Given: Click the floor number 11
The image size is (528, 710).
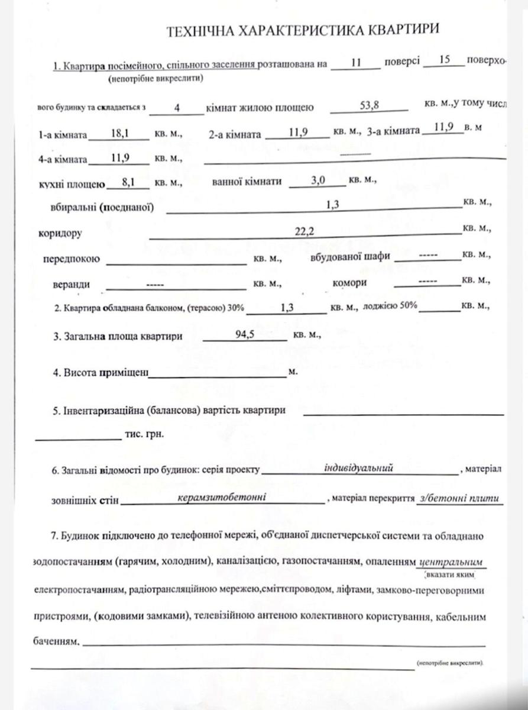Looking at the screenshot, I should click(355, 62).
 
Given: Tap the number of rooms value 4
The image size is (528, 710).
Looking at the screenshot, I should click(177, 108).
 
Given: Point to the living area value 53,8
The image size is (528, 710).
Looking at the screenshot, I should click(369, 105).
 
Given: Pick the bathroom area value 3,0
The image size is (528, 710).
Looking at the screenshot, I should click(319, 182).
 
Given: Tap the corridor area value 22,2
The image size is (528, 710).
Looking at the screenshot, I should click(303, 232).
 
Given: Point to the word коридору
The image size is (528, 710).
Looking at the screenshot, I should click(60, 233).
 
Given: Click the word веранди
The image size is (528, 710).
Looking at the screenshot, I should click(71, 284).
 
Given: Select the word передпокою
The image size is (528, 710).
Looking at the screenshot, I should click(72, 259).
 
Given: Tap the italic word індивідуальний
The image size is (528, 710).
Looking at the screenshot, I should click(358, 467).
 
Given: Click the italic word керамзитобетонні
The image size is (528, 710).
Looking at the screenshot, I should click(222, 497).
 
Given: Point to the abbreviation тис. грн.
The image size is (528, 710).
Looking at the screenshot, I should click(144, 434).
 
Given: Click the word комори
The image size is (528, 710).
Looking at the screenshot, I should click(349, 283).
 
